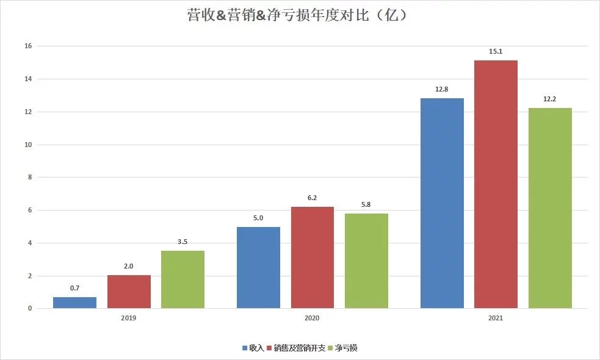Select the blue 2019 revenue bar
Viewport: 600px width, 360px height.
[x=74, y=303]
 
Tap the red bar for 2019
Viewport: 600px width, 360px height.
[x=129, y=292]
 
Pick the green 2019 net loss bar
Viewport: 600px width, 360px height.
[x=183, y=279]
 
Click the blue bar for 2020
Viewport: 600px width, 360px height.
[x=258, y=267]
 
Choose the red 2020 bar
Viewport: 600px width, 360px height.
[x=313, y=257]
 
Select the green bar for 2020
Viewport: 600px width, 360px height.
[x=366, y=261]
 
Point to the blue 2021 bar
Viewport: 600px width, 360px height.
[x=442, y=203]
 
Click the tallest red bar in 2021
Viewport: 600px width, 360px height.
[x=496, y=184]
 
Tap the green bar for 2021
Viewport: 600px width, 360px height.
[x=550, y=208]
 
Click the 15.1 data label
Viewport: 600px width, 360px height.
[x=496, y=51]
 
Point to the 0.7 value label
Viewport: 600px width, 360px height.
[x=74, y=287]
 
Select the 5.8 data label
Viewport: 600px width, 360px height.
[x=366, y=204]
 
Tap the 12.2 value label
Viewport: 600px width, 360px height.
[x=550, y=99]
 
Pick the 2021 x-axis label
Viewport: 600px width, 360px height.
[x=496, y=319]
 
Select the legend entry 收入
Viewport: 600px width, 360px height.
[x=253, y=348]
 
